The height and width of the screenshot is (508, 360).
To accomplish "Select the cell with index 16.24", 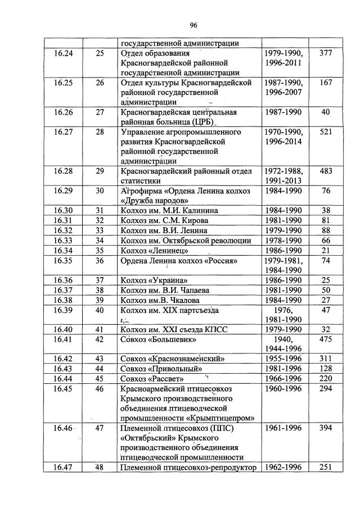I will pyautogui.click(x=63, y=53).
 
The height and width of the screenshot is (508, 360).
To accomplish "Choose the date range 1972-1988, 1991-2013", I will pyautogui.click(x=283, y=176).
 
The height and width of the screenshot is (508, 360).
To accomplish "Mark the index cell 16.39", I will pyautogui.click(x=63, y=310).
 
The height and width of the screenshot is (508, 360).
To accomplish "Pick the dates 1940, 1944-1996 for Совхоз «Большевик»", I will pyautogui.click(x=283, y=344).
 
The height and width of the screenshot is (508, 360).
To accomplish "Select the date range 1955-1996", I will pyautogui.click(x=283, y=359).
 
